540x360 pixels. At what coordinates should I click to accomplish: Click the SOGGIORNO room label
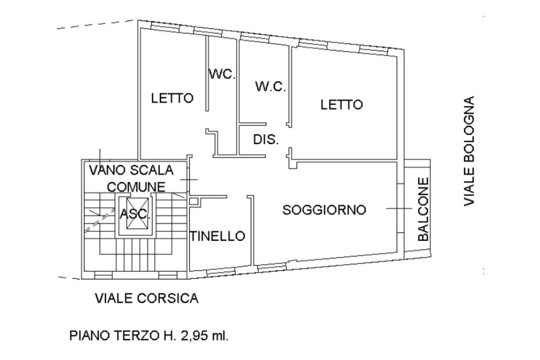click(324, 210)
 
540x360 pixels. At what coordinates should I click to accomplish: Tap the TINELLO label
click(218, 236)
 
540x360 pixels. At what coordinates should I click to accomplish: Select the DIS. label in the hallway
click(266, 140)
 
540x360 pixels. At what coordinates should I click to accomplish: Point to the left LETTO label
click(172, 98)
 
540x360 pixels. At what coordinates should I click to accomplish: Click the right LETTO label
click(342, 104)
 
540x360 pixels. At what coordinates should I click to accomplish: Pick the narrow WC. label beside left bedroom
click(221, 74)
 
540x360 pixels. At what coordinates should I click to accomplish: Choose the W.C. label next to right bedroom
click(271, 86)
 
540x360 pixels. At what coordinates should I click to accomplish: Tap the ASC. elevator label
click(135, 214)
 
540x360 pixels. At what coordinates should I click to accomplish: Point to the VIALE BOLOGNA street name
click(469, 151)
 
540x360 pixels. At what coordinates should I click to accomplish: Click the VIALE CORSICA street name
click(147, 299)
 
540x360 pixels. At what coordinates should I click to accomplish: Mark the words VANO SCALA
click(131, 170)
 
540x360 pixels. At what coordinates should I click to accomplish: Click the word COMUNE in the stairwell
click(136, 186)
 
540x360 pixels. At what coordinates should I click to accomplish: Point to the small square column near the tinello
click(194, 201)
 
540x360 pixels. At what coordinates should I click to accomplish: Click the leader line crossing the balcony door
click(398, 209)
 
